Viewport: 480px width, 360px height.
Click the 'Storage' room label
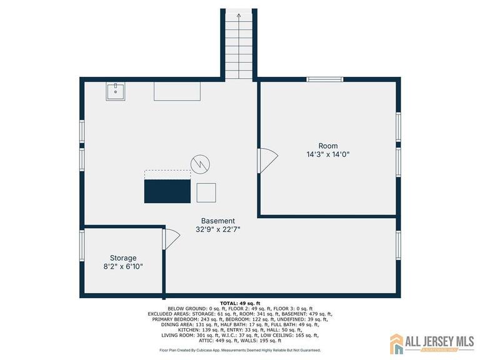pos(123,257)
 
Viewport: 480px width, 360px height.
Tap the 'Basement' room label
pos(217,221)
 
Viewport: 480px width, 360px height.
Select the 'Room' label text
pos(327,146)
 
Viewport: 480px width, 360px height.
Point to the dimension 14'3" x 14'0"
pos(327,154)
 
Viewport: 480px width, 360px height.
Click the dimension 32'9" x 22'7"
pos(217,229)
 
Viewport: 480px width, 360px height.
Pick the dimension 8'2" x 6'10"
pos(123,266)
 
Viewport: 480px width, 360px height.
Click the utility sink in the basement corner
pos(115,91)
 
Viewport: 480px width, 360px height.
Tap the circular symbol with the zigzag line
pos(200,164)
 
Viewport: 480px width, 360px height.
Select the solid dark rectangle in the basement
pos(167,191)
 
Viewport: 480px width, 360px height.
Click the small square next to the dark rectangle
pos(206,192)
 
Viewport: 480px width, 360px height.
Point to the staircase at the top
pos(238,44)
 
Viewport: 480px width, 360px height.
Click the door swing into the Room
pos(267,160)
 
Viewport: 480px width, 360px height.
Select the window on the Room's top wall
pos(324,79)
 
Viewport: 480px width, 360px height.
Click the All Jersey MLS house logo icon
pos(397,343)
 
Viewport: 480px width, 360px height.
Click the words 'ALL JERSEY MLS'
pos(440,341)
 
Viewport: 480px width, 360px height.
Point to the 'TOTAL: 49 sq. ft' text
pos(240,303)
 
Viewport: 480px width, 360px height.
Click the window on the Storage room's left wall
pos(81,245)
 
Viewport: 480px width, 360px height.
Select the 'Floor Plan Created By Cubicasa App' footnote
pos(240,351)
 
